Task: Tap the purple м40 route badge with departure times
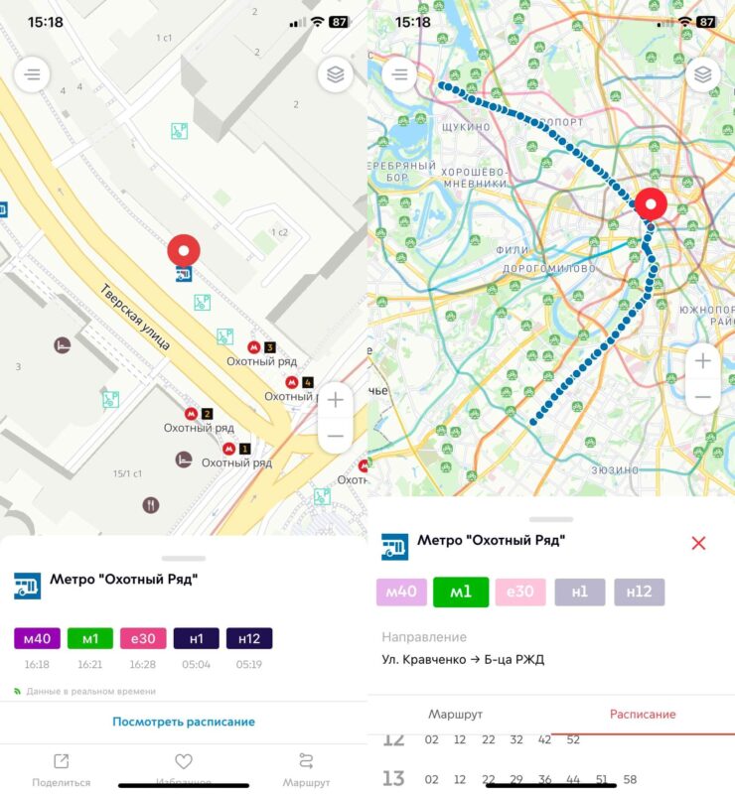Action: click(x=38, y=639)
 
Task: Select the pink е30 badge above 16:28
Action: click(x=143, y=639)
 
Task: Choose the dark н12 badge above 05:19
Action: click(x=249, y=639)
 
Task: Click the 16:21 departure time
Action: click(x=90, y=664)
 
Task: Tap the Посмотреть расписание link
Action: click(x=184, y=722)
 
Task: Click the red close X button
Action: click(x=698, y=543)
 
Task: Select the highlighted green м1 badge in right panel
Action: click(x=461, y=593)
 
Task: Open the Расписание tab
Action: click(x=643, y=714)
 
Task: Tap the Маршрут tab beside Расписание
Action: click(x=456, y=714)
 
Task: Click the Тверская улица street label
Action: click(x=135, y=317)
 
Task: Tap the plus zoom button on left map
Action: click(x=336, y=400)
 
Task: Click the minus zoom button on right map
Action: click(x=703, y=397)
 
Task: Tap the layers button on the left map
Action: click(x=336, y=74)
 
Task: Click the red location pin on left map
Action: click(x=184, y=252)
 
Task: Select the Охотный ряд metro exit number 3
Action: click(x=261, y=347)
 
